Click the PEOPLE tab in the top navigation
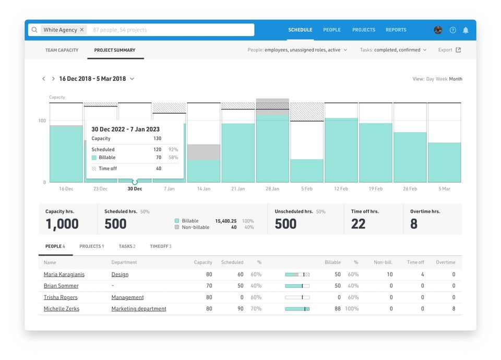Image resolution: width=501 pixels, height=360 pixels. coord(332,30)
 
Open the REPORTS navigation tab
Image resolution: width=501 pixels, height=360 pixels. coord(396,30)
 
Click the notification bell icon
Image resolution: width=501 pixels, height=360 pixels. coord(466,30)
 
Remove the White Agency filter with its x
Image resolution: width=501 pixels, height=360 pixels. coord(82,30)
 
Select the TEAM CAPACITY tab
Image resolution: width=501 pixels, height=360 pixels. coord(62,50)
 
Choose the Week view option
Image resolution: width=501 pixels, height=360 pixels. coord(442,79)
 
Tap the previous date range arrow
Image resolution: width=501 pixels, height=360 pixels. coord(44,79)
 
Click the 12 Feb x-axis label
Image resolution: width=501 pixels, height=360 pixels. coord(341,189)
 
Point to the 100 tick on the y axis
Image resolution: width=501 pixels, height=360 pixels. coord(42,121)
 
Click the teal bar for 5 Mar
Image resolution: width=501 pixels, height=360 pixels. coord(444,162)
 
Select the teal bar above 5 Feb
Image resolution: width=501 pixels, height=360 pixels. coord(306,171)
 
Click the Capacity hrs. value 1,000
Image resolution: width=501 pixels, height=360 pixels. coord(62,224)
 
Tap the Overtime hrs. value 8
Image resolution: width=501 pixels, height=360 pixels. coord(414,224)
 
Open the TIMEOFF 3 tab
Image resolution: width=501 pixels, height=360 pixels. coord(160,246)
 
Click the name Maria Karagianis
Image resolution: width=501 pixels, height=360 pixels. coord(64,274)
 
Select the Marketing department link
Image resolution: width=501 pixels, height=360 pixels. coord(139,309)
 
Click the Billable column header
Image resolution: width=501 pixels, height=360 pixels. coord(332,262)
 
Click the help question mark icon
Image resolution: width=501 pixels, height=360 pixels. coord(452,30)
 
